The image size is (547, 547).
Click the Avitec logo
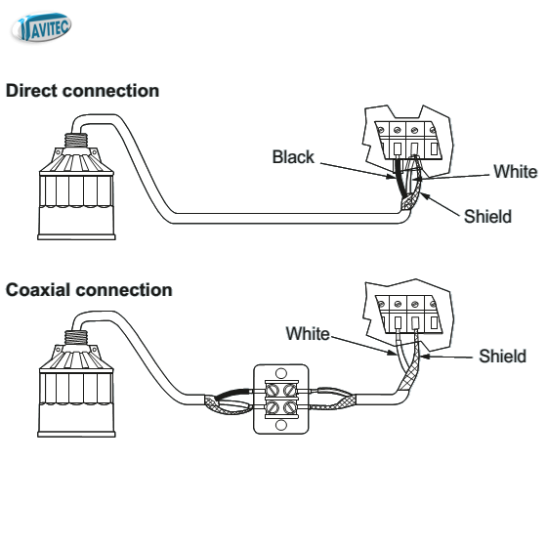41,27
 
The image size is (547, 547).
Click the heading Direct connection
83,91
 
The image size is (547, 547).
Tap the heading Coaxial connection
89,290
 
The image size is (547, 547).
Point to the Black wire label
293,156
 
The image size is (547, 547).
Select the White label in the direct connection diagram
516,172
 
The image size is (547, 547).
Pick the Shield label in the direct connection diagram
487,216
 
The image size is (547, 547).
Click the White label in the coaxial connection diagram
308,333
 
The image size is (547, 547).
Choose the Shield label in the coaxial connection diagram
502,357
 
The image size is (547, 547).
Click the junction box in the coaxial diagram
281,400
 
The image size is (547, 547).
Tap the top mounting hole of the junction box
281,373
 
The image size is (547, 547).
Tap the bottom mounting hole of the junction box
281,425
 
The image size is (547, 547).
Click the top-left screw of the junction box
273,390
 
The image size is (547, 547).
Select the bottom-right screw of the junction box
290,407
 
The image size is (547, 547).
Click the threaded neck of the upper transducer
76,141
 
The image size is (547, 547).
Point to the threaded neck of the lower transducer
76,338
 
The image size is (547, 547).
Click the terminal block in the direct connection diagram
408,141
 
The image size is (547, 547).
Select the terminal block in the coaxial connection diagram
409,315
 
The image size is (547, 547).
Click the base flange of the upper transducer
76,237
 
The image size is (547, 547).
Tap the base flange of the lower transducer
76,435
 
